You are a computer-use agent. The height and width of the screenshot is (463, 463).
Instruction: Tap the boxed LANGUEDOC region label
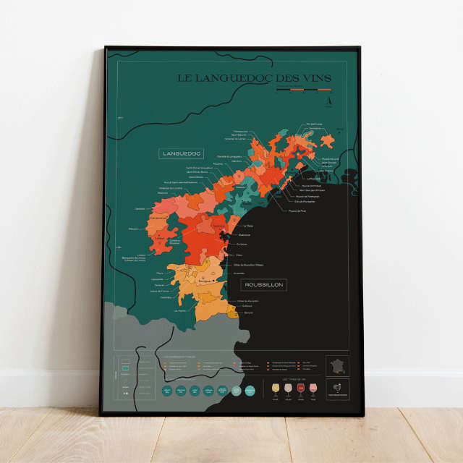click(x=181, y=153)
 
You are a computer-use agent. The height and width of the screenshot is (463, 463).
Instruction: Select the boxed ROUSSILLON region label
click(x=264, y=285)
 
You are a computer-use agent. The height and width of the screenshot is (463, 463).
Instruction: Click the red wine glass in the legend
click(x=300, y=390)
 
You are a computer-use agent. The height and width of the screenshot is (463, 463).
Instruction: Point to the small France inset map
click(x=337, y=365)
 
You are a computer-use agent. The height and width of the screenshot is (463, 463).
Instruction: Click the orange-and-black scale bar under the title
click(x=301, y=90)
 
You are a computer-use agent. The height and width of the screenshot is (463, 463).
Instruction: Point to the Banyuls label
click(x=248, y=312)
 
